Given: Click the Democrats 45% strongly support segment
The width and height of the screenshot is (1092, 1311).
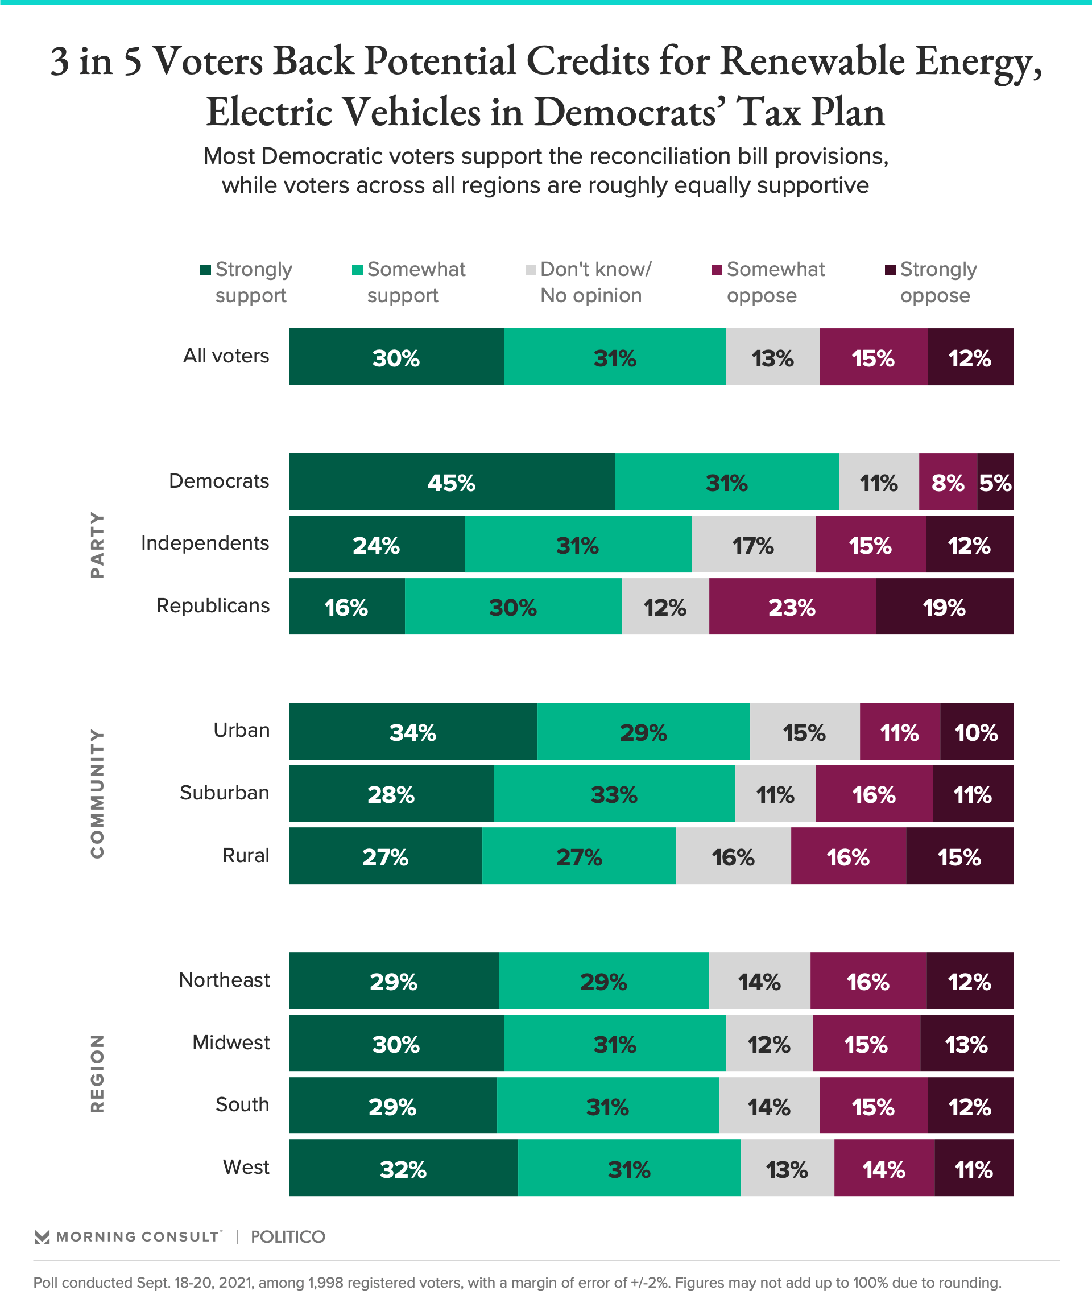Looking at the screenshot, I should click(451, 481).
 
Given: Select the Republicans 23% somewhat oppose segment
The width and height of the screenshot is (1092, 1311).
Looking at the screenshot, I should click(792, 606).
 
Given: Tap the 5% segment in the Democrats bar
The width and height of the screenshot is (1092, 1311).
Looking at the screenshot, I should click(995, 481).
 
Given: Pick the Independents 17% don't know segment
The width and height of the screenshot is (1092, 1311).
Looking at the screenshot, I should click(752, 544).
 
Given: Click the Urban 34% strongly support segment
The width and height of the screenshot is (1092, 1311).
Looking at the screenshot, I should click(412, 731).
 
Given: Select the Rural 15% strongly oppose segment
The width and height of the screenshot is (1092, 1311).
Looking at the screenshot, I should click(959, 856).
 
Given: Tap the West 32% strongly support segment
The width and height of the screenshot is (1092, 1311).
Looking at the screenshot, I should click(403, 1168).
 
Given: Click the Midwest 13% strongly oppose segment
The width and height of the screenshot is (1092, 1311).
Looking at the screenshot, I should click(966, 1043).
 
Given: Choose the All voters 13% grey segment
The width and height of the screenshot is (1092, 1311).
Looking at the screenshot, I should click(772, 357).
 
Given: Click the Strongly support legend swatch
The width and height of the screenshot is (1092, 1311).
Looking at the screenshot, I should click(205, 270).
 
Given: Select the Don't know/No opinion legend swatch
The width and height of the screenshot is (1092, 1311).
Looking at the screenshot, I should click(531, 270).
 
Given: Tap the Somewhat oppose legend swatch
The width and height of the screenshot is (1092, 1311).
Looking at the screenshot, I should click(717, 270).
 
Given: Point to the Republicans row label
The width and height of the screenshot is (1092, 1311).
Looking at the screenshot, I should click(213, 605).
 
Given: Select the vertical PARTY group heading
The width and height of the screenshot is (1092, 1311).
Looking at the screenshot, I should click(97, 545).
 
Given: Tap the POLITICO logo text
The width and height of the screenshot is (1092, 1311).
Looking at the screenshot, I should click(288, 1236).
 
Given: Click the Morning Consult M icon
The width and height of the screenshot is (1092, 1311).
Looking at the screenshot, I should click(42, 1236).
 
